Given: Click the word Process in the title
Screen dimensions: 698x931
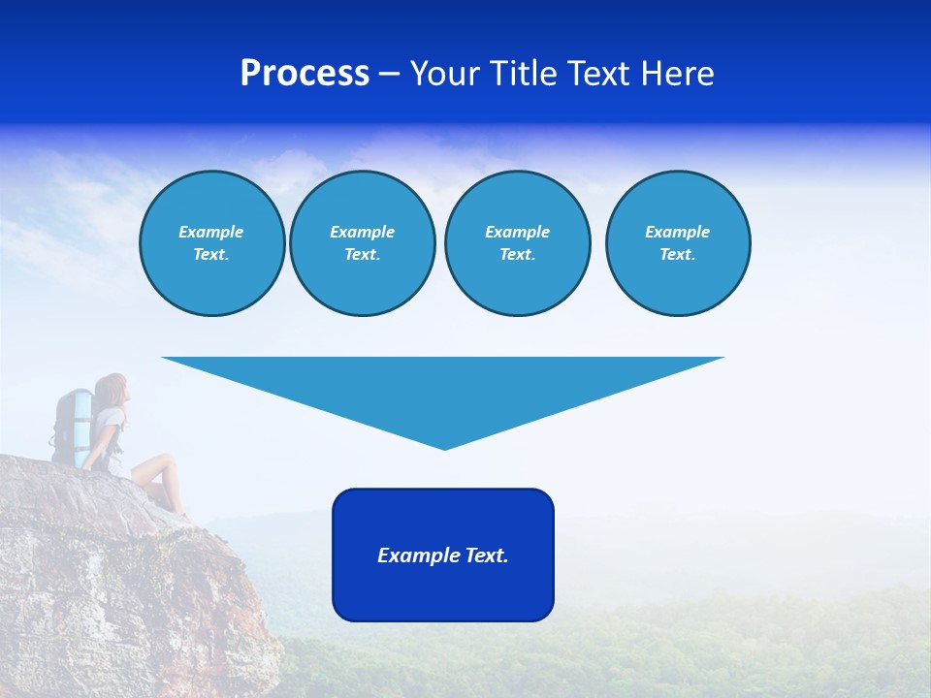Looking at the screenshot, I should (305, 74).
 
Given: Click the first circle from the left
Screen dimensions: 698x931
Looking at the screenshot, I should (211, 243).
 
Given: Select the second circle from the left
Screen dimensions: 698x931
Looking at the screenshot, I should (362, 243).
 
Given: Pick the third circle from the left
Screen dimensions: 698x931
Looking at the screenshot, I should (517, 243).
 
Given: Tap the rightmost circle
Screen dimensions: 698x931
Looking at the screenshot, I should (677, 243).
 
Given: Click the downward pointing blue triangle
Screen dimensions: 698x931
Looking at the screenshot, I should (443, 388).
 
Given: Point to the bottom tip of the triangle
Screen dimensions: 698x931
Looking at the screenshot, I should (444, 448).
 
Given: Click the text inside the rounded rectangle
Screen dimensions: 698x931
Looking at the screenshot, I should (443, 555).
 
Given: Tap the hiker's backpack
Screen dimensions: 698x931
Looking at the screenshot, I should (72, 422).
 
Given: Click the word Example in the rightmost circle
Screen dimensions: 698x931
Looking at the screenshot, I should (677, 232).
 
